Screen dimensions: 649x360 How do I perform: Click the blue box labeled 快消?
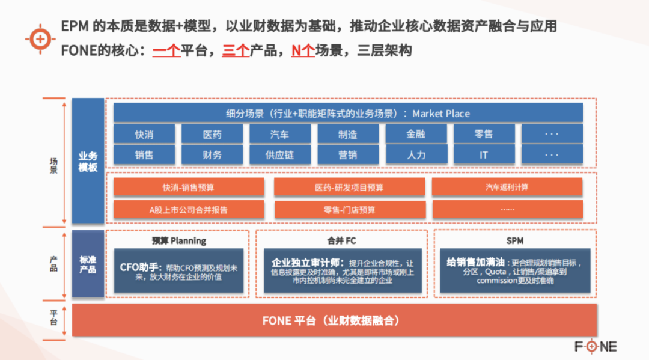coord(144,134)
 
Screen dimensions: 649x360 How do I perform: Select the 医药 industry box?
coord(212,134)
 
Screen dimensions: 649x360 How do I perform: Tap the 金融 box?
coord(416,134)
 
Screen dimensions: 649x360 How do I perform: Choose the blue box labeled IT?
coord(484,155)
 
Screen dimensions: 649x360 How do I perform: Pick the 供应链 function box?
coord(280,155)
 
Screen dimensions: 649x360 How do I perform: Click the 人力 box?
coord(416,155)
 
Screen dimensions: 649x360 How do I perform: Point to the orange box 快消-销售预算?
coord(188,187)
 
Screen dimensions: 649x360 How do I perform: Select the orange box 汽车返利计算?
coord(507,187)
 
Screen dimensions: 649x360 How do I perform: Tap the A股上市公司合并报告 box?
coord(188,209)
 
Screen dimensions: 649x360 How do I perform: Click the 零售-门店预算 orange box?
coord(350,209)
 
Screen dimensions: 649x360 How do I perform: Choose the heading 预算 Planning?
coord(179,241)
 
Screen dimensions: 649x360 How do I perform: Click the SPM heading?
coord(515,241)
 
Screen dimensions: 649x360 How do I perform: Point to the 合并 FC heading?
coord(341,241)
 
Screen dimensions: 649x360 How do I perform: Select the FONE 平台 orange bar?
coord(335,320)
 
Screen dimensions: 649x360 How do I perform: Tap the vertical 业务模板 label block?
coord(88,161)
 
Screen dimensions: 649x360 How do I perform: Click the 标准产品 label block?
coord(88,264)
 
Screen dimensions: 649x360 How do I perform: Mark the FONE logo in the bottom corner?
coord(596,346)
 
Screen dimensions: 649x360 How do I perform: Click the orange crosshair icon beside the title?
coord(40,39)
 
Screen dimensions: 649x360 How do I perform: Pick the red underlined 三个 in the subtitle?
coord(236,50)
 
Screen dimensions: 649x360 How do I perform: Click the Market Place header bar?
coord(348,113)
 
